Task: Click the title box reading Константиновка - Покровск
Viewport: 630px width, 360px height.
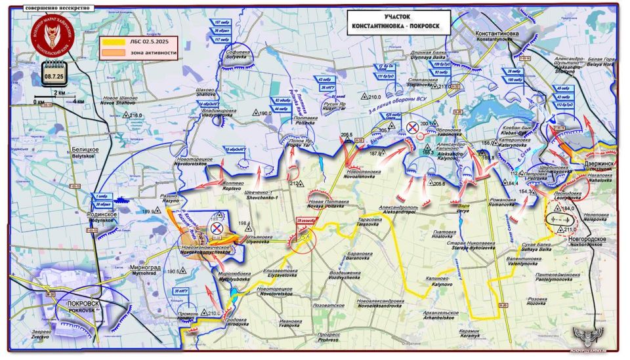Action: [x=398, y=22]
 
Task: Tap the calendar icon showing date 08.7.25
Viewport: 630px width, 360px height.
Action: [x=54, y=72]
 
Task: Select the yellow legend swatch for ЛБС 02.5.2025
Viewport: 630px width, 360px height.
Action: [x=110, y=42]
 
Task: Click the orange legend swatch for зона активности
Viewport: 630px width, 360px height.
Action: [x=110, y=52]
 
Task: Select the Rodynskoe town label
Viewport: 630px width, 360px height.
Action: [x=103, y=217]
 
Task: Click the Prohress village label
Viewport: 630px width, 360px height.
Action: [x=329, y=337]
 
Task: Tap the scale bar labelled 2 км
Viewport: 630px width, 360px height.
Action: [x=59, y=97]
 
